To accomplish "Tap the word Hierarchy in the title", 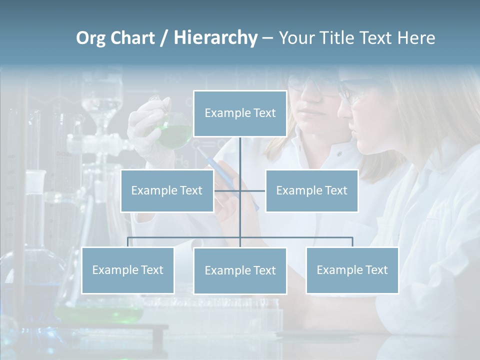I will pos(215,38).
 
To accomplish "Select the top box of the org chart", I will pos(240,113).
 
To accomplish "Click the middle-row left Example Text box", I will pos(167,190).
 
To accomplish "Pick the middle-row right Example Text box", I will pos(311,190).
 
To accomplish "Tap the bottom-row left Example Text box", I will pos(127,270).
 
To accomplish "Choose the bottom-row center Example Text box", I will pos(240,270).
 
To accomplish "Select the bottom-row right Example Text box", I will pos(352,270).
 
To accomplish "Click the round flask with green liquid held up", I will pos(175,131).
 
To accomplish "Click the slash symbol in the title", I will pos(164,38).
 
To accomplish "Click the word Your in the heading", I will pos(295,38).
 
